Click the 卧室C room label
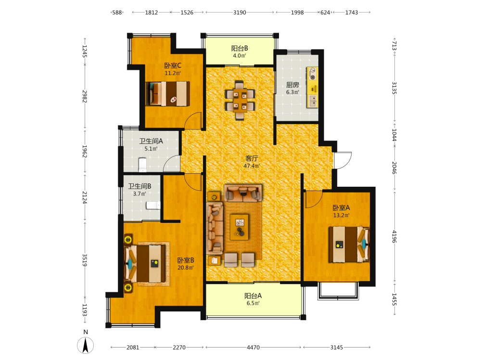tap(173, 65)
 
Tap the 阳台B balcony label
tap(240, 48)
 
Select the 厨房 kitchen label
tap(292, 85)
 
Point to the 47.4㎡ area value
tap(252, 166)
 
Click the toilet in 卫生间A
tap(142, 165)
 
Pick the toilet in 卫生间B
tap(153, 205)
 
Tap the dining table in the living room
tap(240, 100)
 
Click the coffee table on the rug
tap(239, 227)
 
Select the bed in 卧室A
tap(349, 245)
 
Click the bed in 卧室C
tap(167, 94)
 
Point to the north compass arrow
tap(85, 345)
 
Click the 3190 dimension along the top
tap(240, 13)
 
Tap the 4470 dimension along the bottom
tap(253, 348)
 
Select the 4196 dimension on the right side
tap(394, 236)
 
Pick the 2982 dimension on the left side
tap(85, 96)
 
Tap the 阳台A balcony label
tap(253, 296)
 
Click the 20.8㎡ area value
tap(186, 268)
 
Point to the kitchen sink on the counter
tap(313, 101)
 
